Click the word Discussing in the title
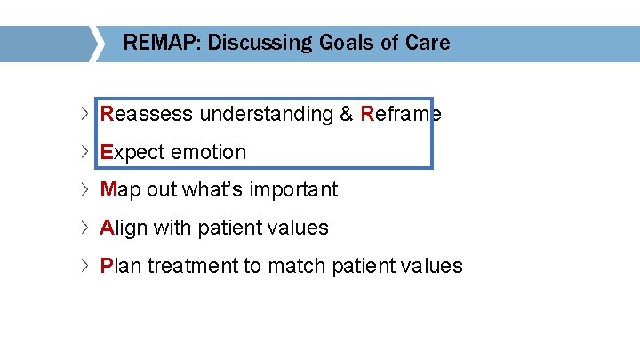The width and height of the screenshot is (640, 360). pyautogui.click(x=257, y=43)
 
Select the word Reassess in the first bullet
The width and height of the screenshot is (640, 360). pyautogui.click(x=147, y=114)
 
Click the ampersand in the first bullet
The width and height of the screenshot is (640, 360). pyautogui.click(x=346, y=114)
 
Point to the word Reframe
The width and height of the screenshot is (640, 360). pyautogui.click(x=401, y=114)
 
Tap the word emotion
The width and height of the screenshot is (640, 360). pyautogui.click(x=208, y=152)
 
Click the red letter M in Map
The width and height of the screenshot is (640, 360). pyautogui.click(x=109, y=189)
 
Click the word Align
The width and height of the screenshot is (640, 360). pyautogui.click(x=124, y=228)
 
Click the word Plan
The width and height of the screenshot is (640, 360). pyautogui.click(x=121, y=266)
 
